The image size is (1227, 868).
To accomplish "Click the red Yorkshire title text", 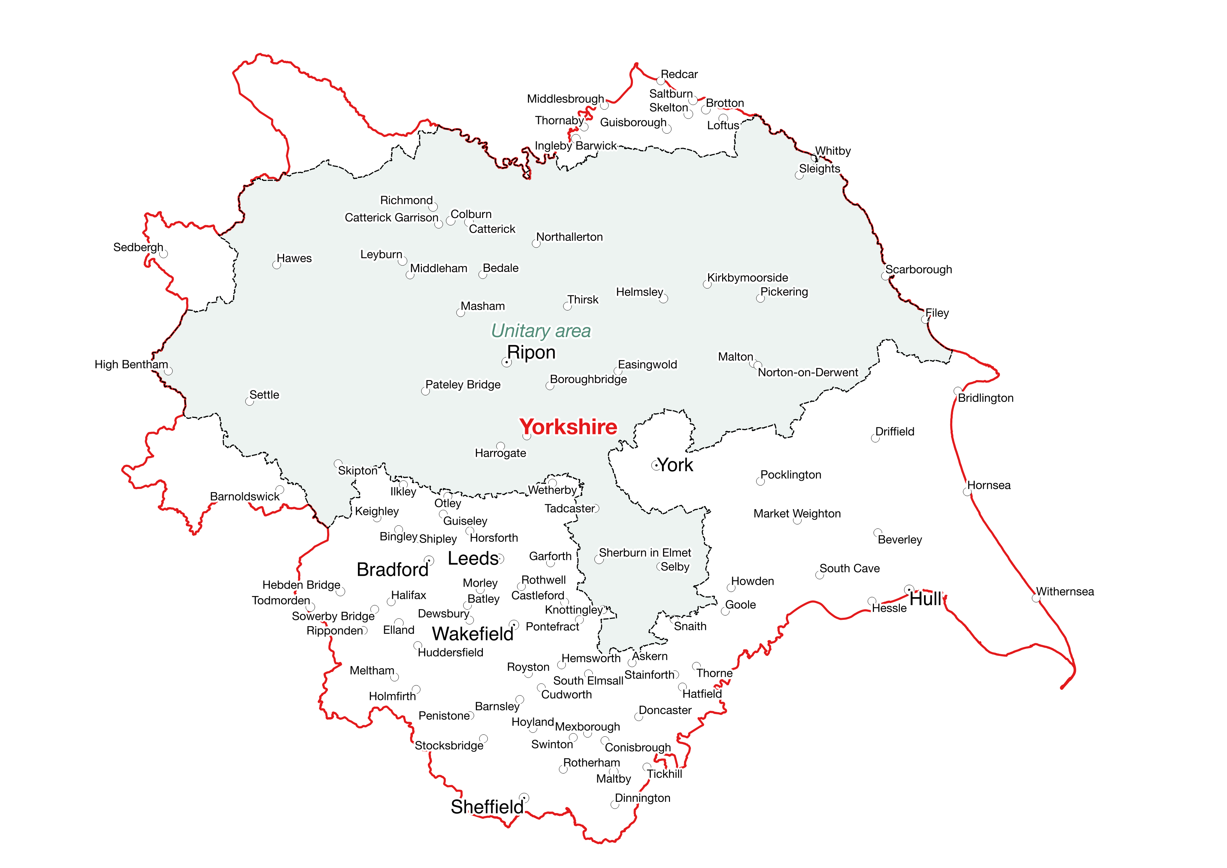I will (568, 427).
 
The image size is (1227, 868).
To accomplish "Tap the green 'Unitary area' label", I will (541, 331).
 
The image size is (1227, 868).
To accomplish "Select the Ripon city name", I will (531, 353).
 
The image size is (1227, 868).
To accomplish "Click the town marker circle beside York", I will (655, 465).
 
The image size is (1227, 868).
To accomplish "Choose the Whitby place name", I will (833, 151).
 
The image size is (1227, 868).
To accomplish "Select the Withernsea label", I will (1065, 591).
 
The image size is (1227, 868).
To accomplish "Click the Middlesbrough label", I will (565, 99).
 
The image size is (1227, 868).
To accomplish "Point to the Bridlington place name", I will (986, 398).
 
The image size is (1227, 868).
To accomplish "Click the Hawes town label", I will (294, 259).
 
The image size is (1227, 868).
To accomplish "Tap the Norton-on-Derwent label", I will (808, 372).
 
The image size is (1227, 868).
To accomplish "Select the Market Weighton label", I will (797, 514).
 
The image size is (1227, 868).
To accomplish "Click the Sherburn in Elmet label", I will (644, 553).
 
